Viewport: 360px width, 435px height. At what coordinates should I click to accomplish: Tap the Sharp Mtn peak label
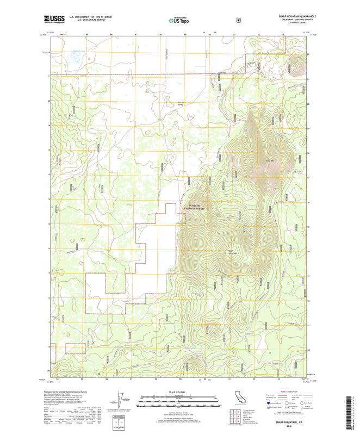tap(270, 161)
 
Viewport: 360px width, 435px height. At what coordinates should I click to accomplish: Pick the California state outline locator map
tap(239, 396)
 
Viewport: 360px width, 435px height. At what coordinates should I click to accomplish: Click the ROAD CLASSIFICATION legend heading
tap(288, 391)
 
